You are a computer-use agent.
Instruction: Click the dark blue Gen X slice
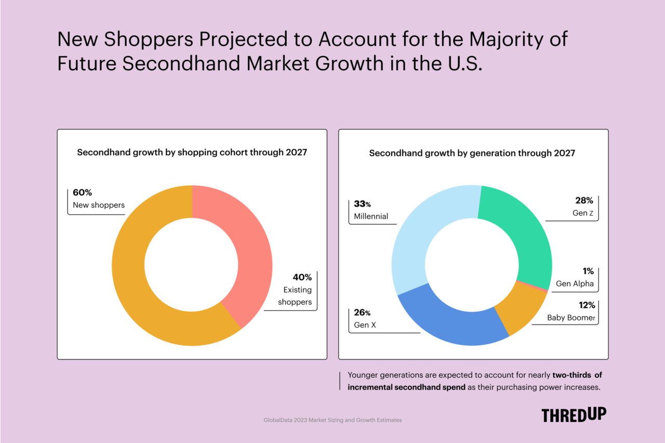coord(447,322)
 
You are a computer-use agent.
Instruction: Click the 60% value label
coord(82,193)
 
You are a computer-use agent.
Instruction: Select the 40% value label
coord(301,277)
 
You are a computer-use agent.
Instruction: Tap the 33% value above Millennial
coord(363,204)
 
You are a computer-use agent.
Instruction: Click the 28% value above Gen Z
coord(583,200)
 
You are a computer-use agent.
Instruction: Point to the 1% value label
coord(588,272)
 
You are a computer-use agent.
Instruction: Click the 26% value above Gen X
coord(362,313)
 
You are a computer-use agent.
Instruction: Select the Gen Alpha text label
coord(574,284)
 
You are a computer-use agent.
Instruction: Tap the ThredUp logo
coord(574,415)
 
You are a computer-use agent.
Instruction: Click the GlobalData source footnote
coord(332,420)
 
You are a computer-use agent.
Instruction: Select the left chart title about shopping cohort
coord(192,153)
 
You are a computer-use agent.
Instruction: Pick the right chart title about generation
coord(472,153)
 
